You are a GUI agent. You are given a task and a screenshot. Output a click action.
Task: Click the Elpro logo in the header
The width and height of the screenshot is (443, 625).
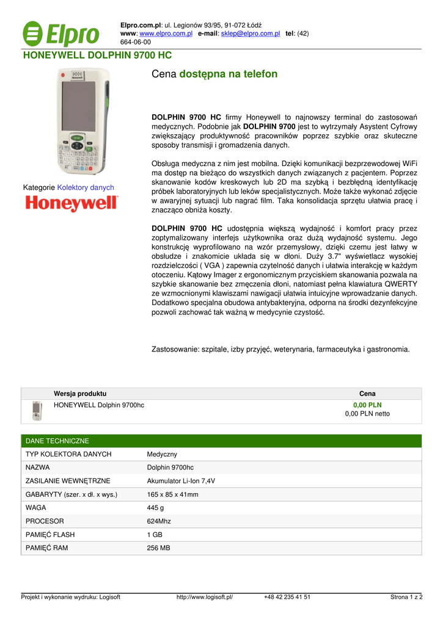[60, 34]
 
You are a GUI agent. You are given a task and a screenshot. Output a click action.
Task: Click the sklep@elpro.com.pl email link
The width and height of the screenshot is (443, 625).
[251, 33]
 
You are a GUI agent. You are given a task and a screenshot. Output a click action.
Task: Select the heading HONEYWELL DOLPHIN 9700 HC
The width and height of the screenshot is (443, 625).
[97, 56]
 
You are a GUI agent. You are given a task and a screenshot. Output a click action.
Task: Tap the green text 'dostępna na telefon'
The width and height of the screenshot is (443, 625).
[229, 74]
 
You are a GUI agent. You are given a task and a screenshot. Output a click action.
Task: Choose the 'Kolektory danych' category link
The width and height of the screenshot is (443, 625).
[86, 187]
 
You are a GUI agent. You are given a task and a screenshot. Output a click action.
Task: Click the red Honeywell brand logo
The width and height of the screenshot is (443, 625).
[71, 203]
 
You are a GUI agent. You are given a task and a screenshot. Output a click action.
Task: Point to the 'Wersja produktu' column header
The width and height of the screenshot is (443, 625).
[80, 394]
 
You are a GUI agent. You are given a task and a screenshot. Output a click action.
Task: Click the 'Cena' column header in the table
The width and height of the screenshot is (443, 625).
[367, 394]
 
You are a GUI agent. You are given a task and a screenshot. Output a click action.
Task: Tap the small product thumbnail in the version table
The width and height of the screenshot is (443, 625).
[37, 411]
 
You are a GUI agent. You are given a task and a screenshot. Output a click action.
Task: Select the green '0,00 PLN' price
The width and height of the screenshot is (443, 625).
[367, 405]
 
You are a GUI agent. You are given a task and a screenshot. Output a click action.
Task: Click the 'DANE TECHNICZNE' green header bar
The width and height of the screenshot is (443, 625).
[57, 441]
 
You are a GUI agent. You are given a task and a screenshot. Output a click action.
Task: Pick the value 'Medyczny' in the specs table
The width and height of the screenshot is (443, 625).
[162, 454]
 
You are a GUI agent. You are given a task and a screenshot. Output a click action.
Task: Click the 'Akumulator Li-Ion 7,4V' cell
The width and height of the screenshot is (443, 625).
[181, 481]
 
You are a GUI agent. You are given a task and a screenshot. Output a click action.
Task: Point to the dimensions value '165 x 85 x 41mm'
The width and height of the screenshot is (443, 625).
[172, 494]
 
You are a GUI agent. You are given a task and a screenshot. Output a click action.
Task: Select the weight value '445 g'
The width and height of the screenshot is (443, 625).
[155, 508]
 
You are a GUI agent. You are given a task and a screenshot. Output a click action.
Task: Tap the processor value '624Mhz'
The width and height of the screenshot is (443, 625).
[159, 521]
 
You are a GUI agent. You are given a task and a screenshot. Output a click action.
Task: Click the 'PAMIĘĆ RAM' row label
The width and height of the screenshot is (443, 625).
[46, 548]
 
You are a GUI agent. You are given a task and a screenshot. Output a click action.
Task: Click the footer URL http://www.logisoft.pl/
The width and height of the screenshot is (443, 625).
[205, 598]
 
